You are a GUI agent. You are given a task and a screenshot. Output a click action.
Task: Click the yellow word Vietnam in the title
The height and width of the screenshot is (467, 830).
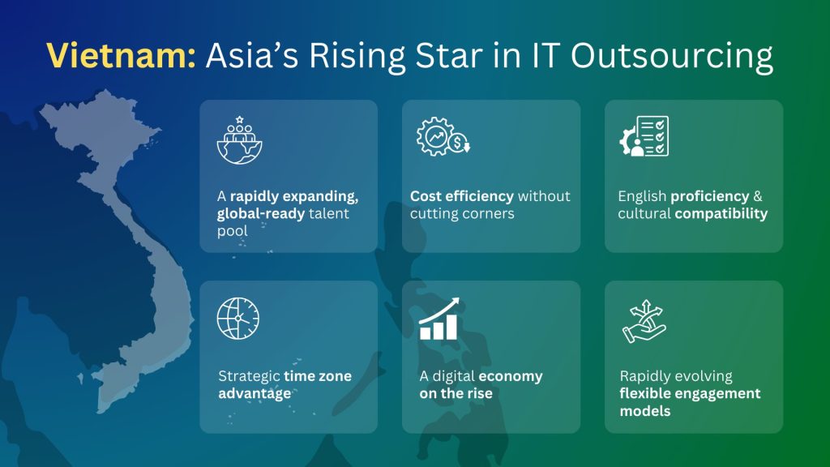[x=122, y=55]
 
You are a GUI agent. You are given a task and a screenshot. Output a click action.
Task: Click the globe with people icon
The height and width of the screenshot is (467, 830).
[x=240, y=140]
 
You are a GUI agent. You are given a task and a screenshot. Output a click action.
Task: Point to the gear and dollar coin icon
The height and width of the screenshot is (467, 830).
[x=443, y=136]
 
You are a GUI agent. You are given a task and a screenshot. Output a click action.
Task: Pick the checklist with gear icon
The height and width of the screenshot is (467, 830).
[x=644, y=136]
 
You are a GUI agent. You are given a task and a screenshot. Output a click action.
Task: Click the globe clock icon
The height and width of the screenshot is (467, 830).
[x=238, y=318]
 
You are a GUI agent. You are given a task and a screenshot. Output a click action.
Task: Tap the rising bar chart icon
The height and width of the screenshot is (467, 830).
[x=439, y=319]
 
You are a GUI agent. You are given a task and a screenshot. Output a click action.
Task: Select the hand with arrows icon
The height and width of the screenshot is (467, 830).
[x=644, y=321]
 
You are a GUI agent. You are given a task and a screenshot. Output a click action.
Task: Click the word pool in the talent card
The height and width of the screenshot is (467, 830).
[x=233, y=231]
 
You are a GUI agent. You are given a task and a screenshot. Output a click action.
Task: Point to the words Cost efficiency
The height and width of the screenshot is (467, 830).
[x=461, y=196]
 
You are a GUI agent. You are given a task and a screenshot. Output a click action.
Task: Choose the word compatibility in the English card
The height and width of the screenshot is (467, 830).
[x=721, y=214]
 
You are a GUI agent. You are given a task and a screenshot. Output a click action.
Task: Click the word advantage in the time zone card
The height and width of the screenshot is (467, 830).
[x=255, y=394]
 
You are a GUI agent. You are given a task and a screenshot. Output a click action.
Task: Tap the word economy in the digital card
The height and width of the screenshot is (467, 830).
[x=511, y=376]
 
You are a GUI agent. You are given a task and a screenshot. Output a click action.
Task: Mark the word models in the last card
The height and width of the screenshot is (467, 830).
[x=644, y=411]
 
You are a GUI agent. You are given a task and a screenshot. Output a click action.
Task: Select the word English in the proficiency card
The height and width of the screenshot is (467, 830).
[x=642, y=196]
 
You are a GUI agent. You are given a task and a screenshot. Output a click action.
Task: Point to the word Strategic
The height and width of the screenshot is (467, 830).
[x=250, y=376]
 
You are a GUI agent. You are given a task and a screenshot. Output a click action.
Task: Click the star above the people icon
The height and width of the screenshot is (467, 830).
[x=240, y=120]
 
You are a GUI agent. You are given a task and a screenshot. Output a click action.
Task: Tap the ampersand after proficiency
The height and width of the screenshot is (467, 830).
[x=758, y=196]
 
